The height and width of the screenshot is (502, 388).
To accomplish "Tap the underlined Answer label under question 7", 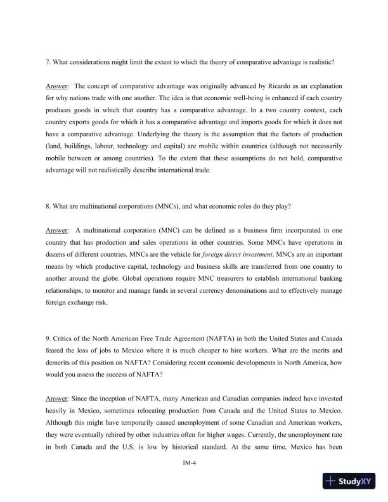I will (x=57, y=85).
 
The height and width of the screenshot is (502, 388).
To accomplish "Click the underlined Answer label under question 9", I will (x=57, y=411).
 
